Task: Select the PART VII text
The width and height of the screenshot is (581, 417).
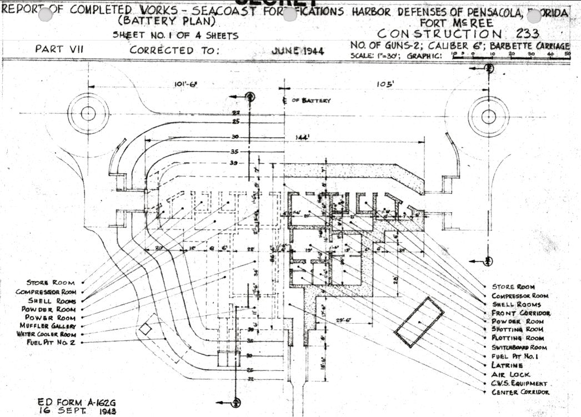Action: [x=59, y=49]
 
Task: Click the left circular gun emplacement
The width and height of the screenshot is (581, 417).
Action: [x=88, y=113]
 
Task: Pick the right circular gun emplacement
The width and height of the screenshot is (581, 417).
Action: [x=489, y=116]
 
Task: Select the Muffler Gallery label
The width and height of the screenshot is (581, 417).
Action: [x=51, y=326]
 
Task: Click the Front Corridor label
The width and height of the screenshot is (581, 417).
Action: [x=521, y=313]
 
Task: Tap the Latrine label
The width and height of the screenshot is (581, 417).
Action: [x=507, y=366]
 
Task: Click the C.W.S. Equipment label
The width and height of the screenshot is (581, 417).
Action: [x=519, y=384]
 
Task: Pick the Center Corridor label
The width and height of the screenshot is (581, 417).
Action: [x=520, y=393]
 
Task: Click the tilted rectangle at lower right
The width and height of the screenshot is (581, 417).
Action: [x=419, y=322]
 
